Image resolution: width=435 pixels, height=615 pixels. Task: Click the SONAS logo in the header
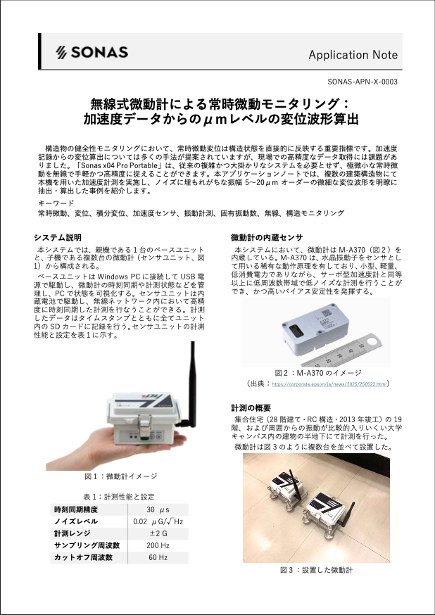coord(92,52)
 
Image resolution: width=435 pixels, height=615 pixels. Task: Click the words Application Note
coord(353,55)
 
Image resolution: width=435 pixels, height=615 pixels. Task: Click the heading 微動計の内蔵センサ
coord(267,237)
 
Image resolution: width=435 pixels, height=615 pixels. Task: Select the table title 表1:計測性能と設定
coord(120,496)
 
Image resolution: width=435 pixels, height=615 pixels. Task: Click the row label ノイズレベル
coord(76,521)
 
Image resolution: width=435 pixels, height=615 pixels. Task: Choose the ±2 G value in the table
coord(158,533)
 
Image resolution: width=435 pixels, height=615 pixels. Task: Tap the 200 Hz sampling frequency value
coord(158,545)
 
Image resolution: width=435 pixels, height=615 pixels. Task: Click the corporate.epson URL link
coord(329,384)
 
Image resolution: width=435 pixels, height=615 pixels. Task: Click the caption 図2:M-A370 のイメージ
coord(318,372)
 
